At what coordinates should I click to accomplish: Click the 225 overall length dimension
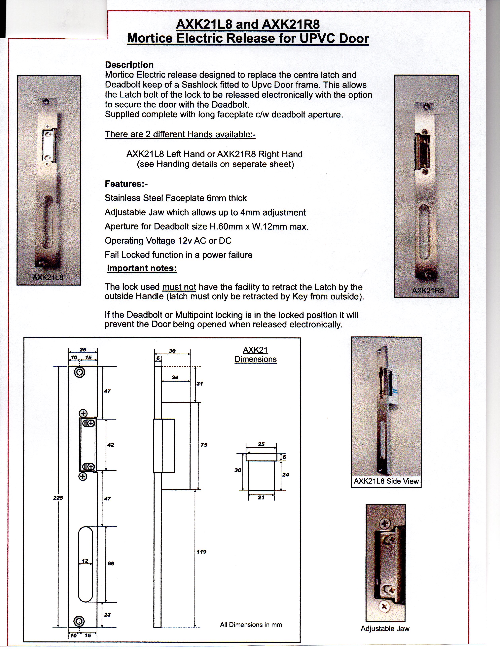click(58, 498)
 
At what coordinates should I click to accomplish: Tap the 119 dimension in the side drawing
click(201, 552)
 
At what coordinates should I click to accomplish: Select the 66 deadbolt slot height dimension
click(111, 563)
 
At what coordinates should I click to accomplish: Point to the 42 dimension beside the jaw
click(110, 445)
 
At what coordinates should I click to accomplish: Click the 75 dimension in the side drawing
click(204, 445)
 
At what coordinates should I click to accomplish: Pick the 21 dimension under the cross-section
click(261, 497)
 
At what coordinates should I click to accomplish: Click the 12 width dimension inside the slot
click(85, 561)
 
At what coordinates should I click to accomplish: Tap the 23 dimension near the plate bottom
click(107, 615)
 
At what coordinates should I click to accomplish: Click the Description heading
click(129, 65)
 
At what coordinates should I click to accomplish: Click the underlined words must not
click(179, 287)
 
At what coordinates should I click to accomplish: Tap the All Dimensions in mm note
click(251, 625)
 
